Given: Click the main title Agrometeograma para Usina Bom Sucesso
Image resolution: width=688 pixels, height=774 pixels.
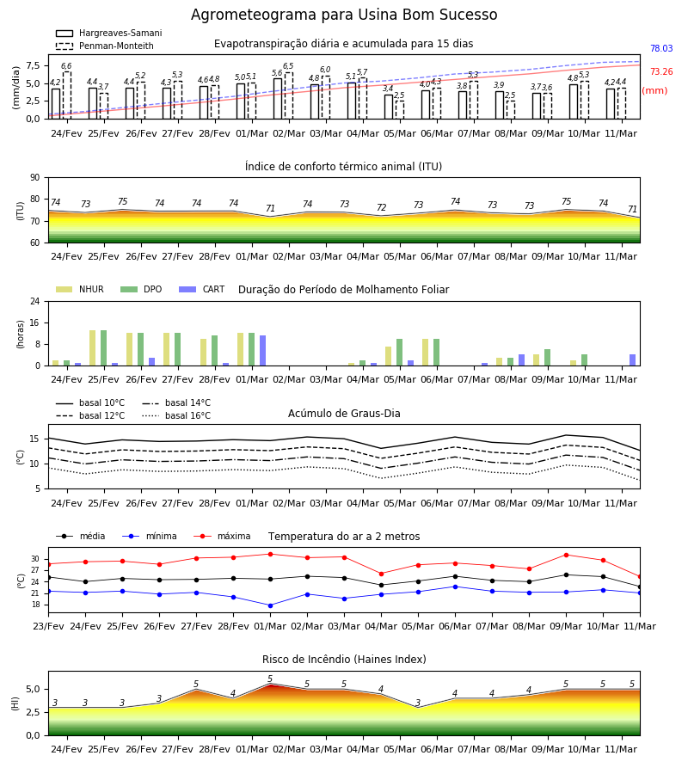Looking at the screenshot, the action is (x=344, y=15).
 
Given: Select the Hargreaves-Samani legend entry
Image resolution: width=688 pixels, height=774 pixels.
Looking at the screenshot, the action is (x=108, y=33).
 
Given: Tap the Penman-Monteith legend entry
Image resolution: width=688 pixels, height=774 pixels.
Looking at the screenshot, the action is (x=105, y=46).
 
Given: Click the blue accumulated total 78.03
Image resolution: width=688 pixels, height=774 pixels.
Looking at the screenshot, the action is (x=661, y=48).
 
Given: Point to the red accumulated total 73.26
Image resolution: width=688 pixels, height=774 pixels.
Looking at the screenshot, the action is (x=661, y=71).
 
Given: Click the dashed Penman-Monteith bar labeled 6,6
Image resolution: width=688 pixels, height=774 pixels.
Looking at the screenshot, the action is (x=66, y=95).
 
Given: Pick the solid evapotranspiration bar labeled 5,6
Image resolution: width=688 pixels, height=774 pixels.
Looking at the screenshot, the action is (x=278, y=99).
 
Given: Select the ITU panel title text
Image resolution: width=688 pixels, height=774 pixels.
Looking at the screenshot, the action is (x=343, y=166).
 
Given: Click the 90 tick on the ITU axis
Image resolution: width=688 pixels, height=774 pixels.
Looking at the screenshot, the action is (x=35, y=178).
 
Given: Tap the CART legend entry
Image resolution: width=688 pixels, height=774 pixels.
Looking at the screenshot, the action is (x=201, y=289).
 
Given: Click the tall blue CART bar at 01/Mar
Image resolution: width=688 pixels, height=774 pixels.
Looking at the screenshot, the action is (x=262, y=351).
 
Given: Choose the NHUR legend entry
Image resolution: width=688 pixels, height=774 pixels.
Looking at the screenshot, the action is (x=80, y=289).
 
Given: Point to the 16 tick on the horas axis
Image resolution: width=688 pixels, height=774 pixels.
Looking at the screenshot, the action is (x=35, y=322).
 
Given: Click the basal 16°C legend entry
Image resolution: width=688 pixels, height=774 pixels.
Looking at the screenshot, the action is (x=176, y=415).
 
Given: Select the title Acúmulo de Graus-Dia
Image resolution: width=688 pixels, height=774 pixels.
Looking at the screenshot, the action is (x=344, y=414).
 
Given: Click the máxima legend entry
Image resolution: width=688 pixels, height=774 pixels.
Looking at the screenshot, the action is (x=222, y=536).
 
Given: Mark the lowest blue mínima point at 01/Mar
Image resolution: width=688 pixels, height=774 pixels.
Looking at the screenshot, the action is (x=270, y=605).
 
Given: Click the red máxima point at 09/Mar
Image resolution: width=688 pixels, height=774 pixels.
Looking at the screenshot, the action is (x=566, y=555).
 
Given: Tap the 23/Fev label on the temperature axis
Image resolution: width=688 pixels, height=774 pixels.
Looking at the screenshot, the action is (x=48, y=626).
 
